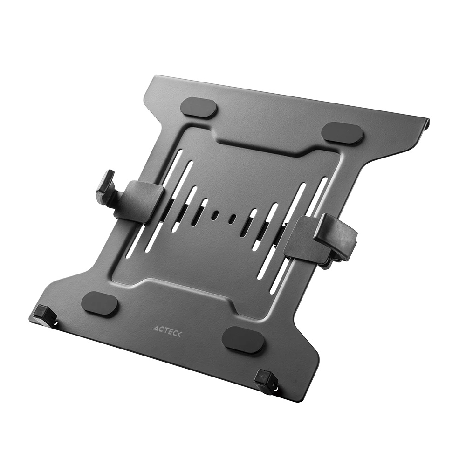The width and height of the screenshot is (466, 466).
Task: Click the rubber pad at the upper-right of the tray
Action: click(x=343, y=133)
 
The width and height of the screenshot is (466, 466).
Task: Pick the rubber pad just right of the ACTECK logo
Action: click(x=243, y=339)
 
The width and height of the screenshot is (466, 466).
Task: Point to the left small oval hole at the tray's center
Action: click(x=215, y=215)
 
